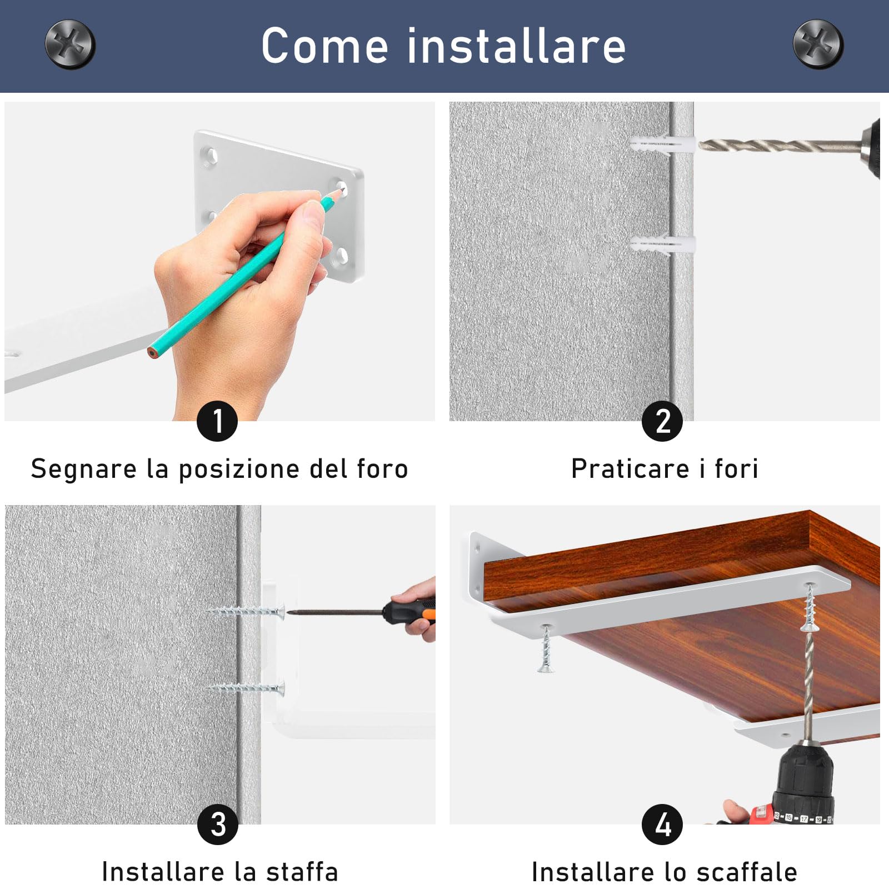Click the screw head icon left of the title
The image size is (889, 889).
(70, 44)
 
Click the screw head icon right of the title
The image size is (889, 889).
(818, 44)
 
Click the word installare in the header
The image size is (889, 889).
(517, 46)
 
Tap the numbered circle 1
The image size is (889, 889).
(217, 421)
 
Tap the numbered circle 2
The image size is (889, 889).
(662, 421)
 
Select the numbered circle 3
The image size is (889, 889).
(217, 825)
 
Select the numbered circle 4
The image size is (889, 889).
(662, 825)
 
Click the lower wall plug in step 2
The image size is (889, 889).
(662, 245)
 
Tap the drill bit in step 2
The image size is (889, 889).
(778, 146)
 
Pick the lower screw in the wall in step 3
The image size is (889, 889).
(247, 688)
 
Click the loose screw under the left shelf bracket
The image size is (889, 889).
(546, 650)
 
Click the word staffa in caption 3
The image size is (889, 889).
(302, 872)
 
